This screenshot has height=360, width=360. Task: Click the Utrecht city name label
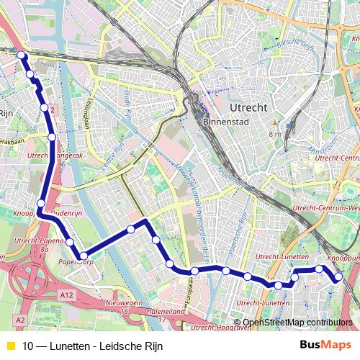(x=248, y=107)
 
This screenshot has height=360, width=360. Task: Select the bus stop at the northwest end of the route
(x=21, y=55)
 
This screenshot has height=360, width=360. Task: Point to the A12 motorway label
(x=67, y=295)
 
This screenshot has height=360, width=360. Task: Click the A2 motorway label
(x=19, y=319)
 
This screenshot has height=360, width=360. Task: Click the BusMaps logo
(x=325, y=345)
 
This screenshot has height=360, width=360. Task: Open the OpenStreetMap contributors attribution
(x=297, y=323)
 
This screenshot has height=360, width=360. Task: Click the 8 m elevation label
(x=275, y=134)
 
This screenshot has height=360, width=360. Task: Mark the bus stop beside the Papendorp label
(x=84, y=256)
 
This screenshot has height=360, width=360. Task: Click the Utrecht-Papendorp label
(x=43, y=241)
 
